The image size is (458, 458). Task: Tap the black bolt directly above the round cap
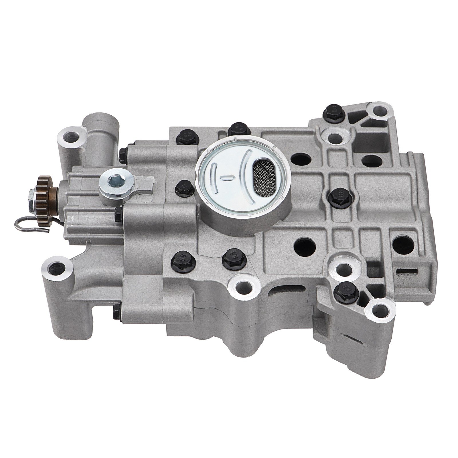point(237,129)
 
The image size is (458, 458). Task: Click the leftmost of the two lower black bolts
point(180,260)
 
